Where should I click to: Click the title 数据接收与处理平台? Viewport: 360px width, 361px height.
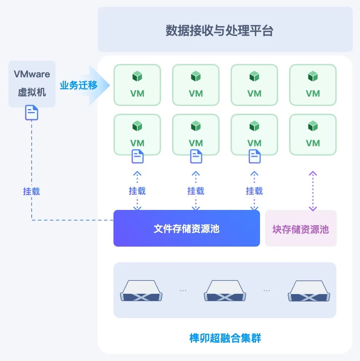tap(219, 31)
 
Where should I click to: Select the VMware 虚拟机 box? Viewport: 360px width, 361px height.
tap(32, 83)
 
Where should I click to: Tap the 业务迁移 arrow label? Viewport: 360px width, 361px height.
tap(79, 86)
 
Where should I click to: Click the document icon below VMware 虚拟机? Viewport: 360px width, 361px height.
tap(32, 113)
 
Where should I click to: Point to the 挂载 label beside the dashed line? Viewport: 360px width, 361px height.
tap(32, 191)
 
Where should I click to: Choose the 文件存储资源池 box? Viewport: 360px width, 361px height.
tap(187, 228)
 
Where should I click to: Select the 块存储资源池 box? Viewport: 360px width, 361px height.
tap(301, 229)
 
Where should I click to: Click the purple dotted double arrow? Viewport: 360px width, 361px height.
tap(313, 191)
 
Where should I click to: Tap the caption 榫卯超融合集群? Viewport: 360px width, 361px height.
tap(225, 338)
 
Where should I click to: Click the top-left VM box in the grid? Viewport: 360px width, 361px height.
tap(137, 85)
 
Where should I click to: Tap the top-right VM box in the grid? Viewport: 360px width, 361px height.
tap(313, 85)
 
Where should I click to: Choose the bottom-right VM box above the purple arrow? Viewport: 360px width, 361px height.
tap(313, 134)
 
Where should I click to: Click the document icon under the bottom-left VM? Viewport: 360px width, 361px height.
tap(137, 157)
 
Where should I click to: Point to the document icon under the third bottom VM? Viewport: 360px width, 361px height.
tap(255, 157)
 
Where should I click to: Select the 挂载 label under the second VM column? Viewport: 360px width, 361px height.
tap(196, 191)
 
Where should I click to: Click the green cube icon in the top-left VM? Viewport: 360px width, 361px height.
tap(137, 77)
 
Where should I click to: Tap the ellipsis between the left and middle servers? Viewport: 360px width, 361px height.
tap(183, 291)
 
